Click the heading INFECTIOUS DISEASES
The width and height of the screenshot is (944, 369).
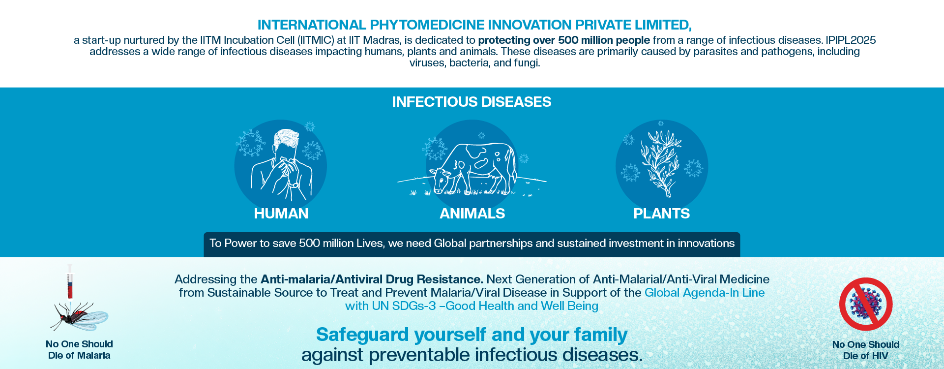pyautogui.click(x=472, y=102)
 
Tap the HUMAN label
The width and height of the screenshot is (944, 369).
pyautogui.click(x=281, y=214)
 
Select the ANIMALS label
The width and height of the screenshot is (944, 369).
pyautogui.click(x=472, y=214)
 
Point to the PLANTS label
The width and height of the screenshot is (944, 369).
pyautogui.click(x=661, y=214)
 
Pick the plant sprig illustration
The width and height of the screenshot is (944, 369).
pyautogui.click(x=660, y=162)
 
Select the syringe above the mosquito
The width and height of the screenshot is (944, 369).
pyautogui.click(x=70, y=281)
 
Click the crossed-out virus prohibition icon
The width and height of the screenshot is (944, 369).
pyautogui.click(x=866, y=304)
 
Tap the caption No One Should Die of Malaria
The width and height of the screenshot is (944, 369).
pyautogui.click(x=79, y=350)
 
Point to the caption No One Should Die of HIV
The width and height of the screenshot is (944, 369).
pyautogui.click(x=865, y=350)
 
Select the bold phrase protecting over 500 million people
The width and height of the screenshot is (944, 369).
pyautogui.click(x=564, y=40)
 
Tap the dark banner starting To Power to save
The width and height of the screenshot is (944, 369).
pyautogui.click(x=472, y=244)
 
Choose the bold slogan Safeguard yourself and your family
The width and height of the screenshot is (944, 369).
pyautogui.click(x=472, y=335)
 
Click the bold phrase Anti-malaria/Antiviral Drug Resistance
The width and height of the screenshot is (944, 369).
pyautogui.click(x=372, y=279)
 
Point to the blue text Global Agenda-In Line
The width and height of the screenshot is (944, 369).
pyautogui.click(x=705, y=293)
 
